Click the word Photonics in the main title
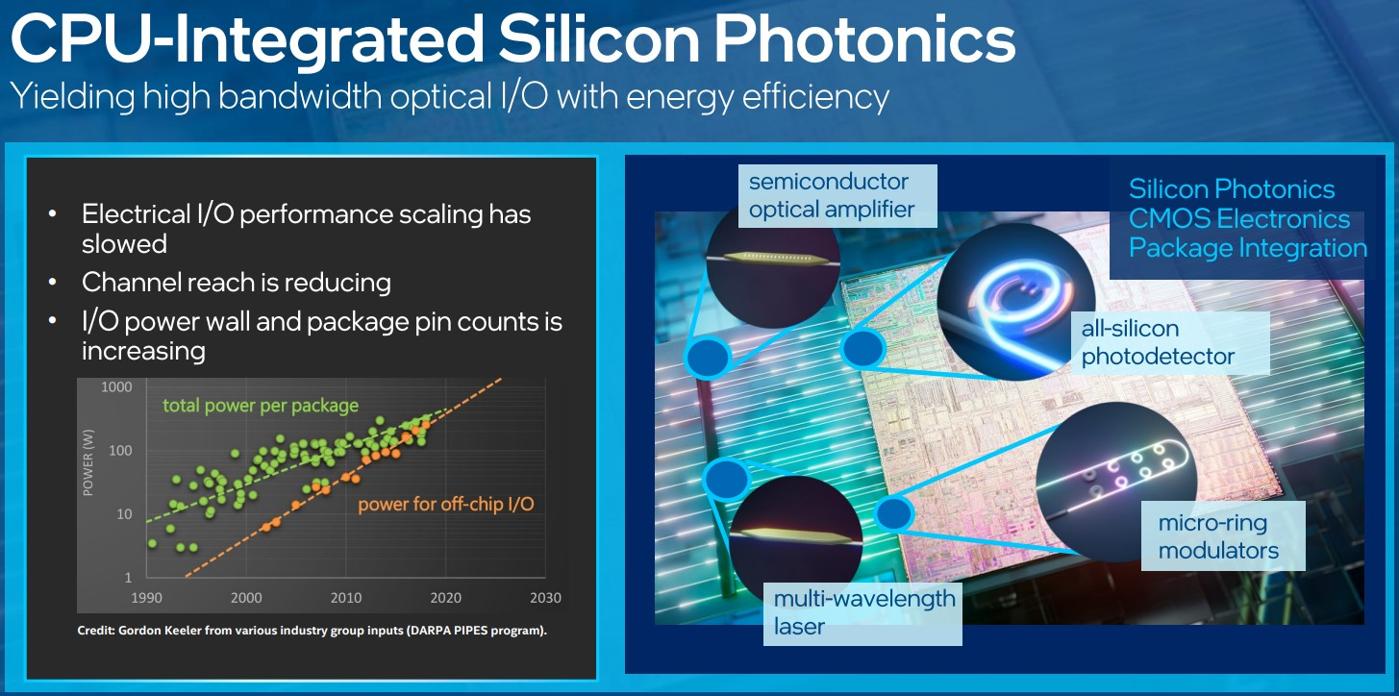click(864, 39)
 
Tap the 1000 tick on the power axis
click(116, 387)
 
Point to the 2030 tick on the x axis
click(545, 598)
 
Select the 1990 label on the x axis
click(147, 598)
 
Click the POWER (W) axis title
click(88, 462)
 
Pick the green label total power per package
click(261, 406)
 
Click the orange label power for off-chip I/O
click(446, 505)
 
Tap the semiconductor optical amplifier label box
click(837, 195)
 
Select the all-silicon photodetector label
click(1170, 342)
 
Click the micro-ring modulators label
click(1223, 536)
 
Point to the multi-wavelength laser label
click(862, 613)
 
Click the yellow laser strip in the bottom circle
click(794, 535)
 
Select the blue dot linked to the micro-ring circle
click(894, 513)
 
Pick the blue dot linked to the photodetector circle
click(862, 348)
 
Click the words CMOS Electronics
click(1239, 219)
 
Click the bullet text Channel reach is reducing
click(237, 283)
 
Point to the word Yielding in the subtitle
click(72, 98)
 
